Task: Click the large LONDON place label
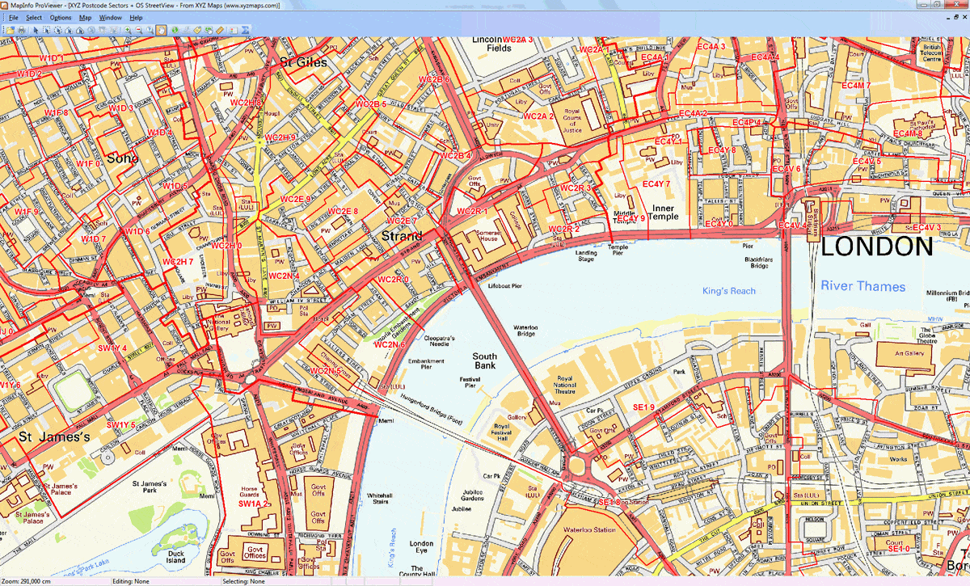click(x=877, y=247)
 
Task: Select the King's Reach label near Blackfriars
click(x=728, y=291)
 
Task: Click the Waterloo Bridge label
click(x=525, y=332)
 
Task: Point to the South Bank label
click(x=485, y=361)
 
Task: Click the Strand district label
click(x=402, y=237)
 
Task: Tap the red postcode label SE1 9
click(x=643, y=407)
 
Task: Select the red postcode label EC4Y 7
click(x=656, y=184)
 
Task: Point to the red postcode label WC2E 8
click(x=343, y=212)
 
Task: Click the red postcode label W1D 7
click(x=93, y=239)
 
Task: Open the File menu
click(x=14, y=17)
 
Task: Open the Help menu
click(x=136, y=17)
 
